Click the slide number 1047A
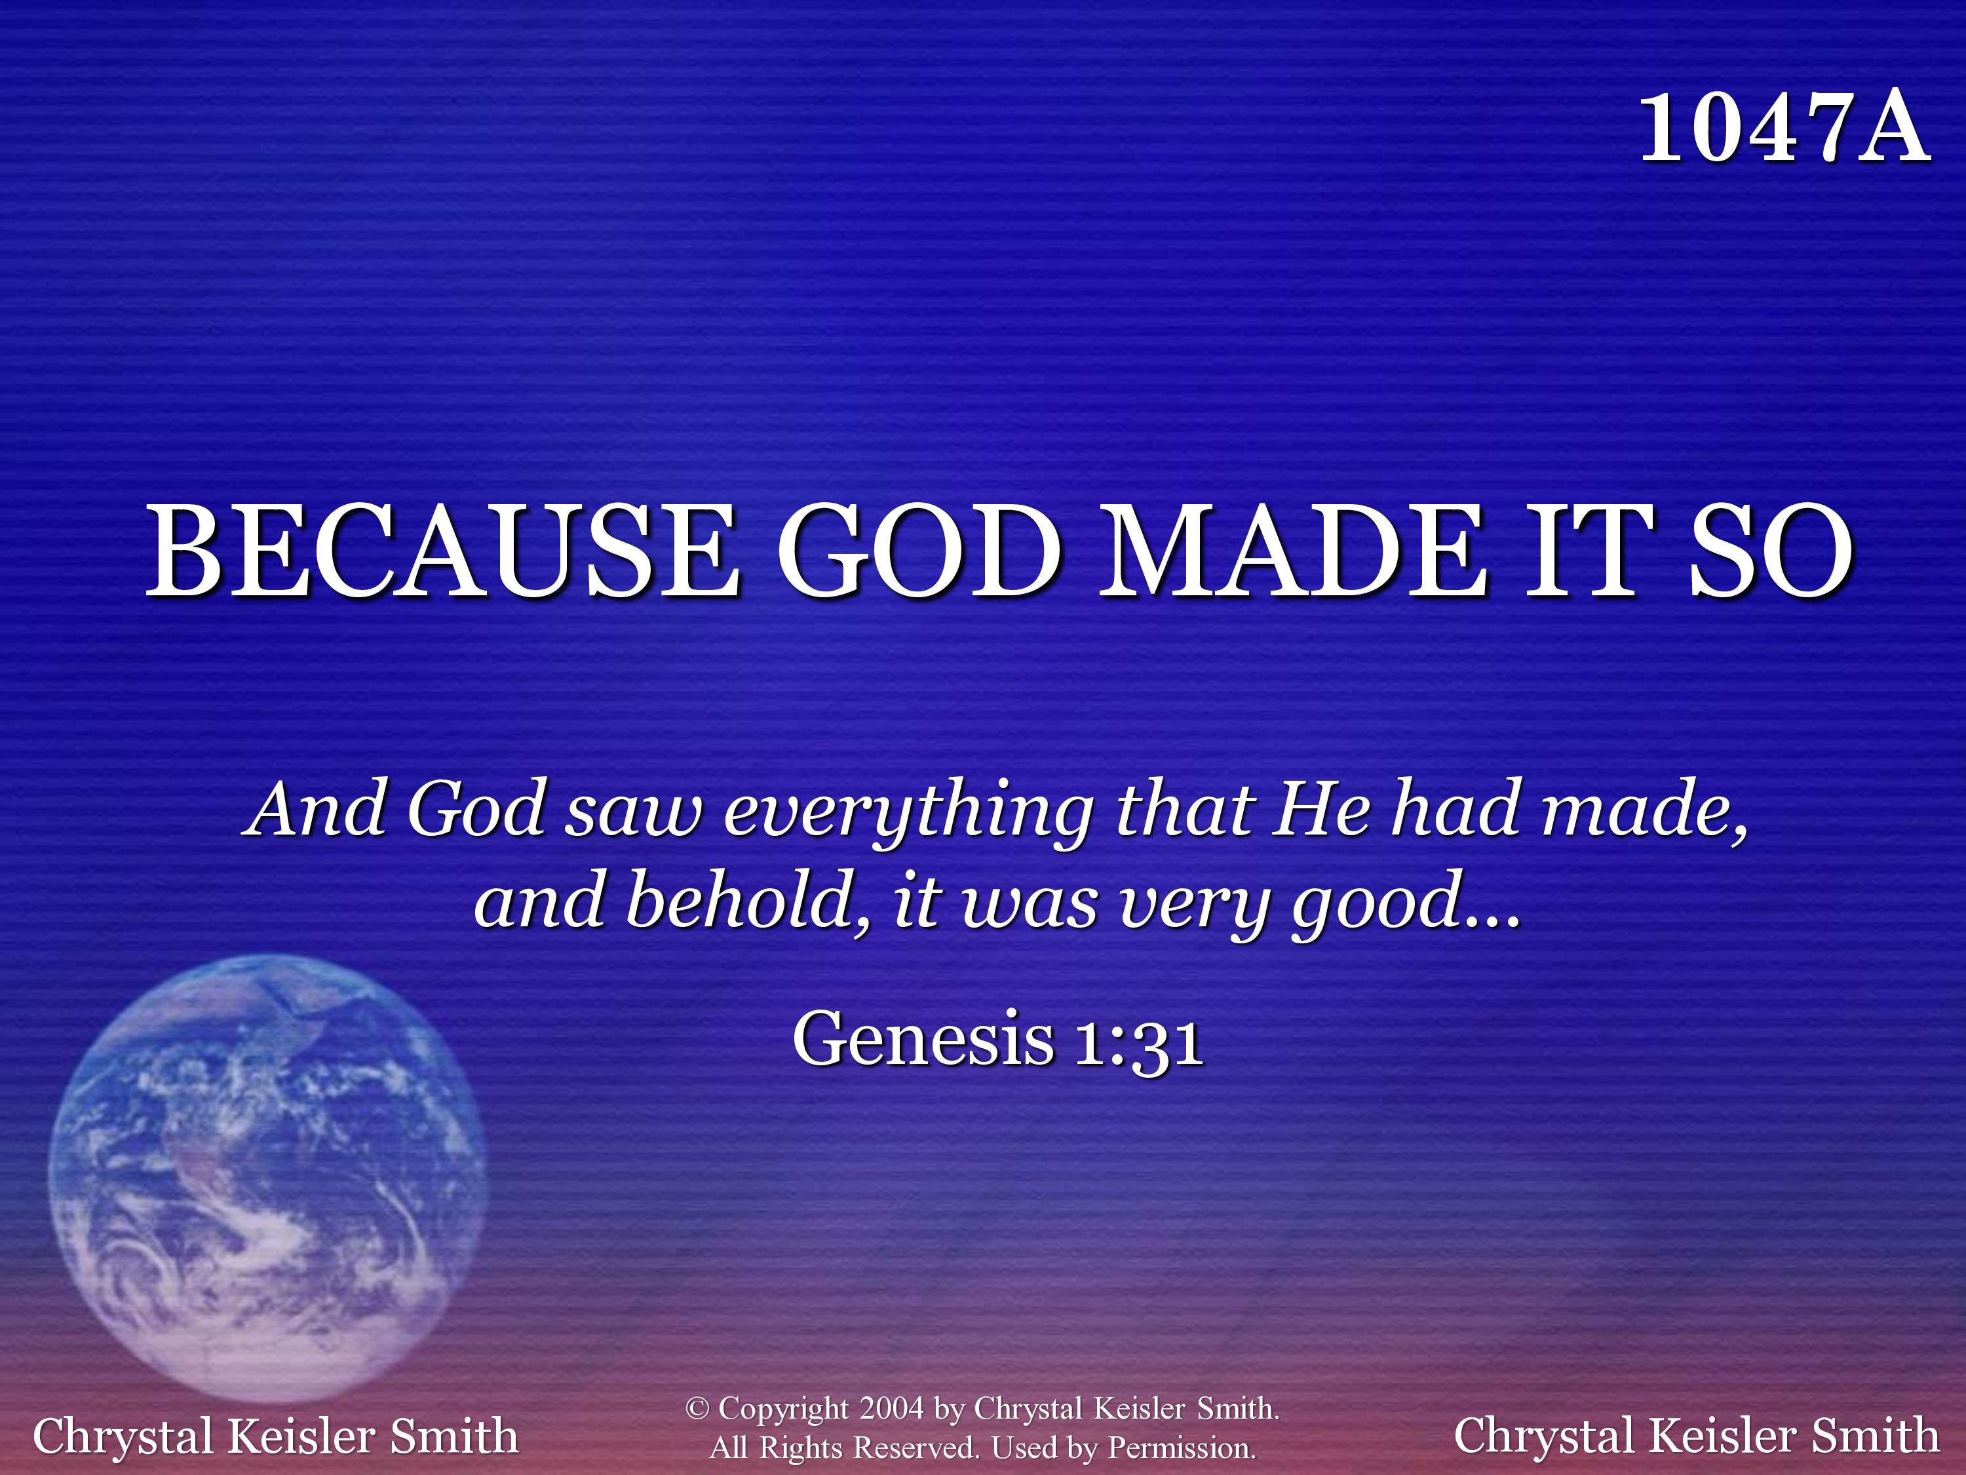1784,130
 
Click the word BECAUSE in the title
442,551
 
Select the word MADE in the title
1294,551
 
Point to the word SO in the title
1771,551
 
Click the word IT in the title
1587,551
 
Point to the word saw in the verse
634,817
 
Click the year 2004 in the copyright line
891,1408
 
